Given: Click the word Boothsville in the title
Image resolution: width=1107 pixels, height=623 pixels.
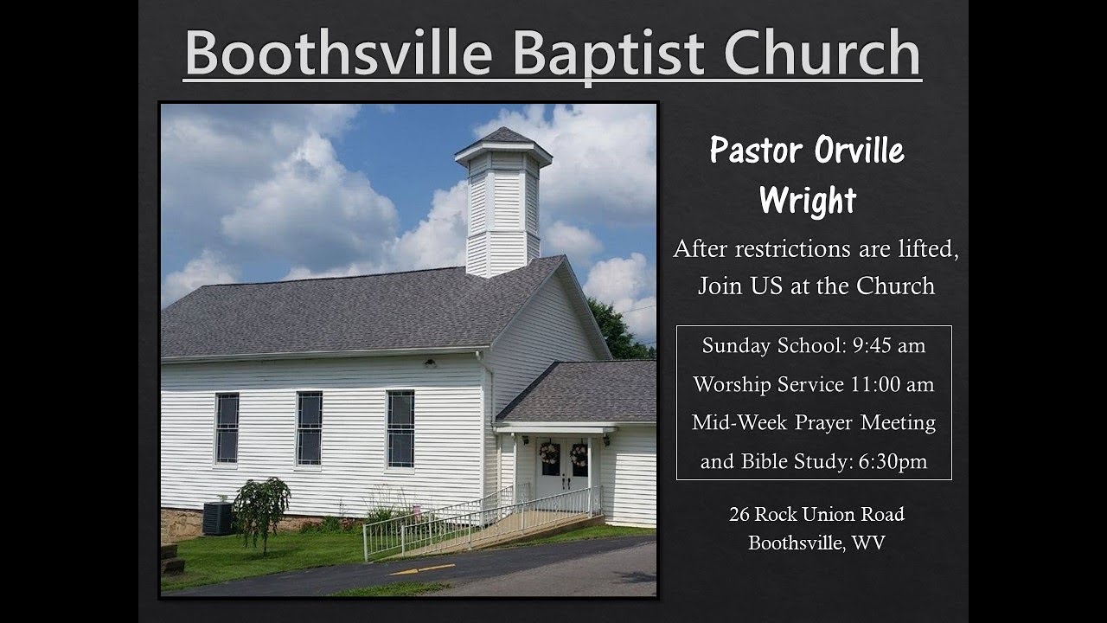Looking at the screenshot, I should (338, 54).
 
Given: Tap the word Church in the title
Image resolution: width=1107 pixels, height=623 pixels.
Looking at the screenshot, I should (822, 54).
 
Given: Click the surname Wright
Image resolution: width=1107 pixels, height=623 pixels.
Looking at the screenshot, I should (808, 200).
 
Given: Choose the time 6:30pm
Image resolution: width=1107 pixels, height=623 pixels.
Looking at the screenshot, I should (893, 462).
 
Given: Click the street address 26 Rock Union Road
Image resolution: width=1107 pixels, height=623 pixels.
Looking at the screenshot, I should (816, 514).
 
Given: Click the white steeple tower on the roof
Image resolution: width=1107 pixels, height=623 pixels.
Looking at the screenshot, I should (502, 203).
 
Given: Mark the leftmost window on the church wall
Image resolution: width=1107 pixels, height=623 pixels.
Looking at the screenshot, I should (227, 427).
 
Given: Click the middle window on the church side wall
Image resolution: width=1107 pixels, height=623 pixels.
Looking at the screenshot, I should (309, 427).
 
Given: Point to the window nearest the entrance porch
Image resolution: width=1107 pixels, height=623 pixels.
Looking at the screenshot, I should (400, 428).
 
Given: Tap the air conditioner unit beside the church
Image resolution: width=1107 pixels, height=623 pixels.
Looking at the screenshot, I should (218, 517).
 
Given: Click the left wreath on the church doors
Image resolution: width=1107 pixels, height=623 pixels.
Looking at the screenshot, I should (547, 453).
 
